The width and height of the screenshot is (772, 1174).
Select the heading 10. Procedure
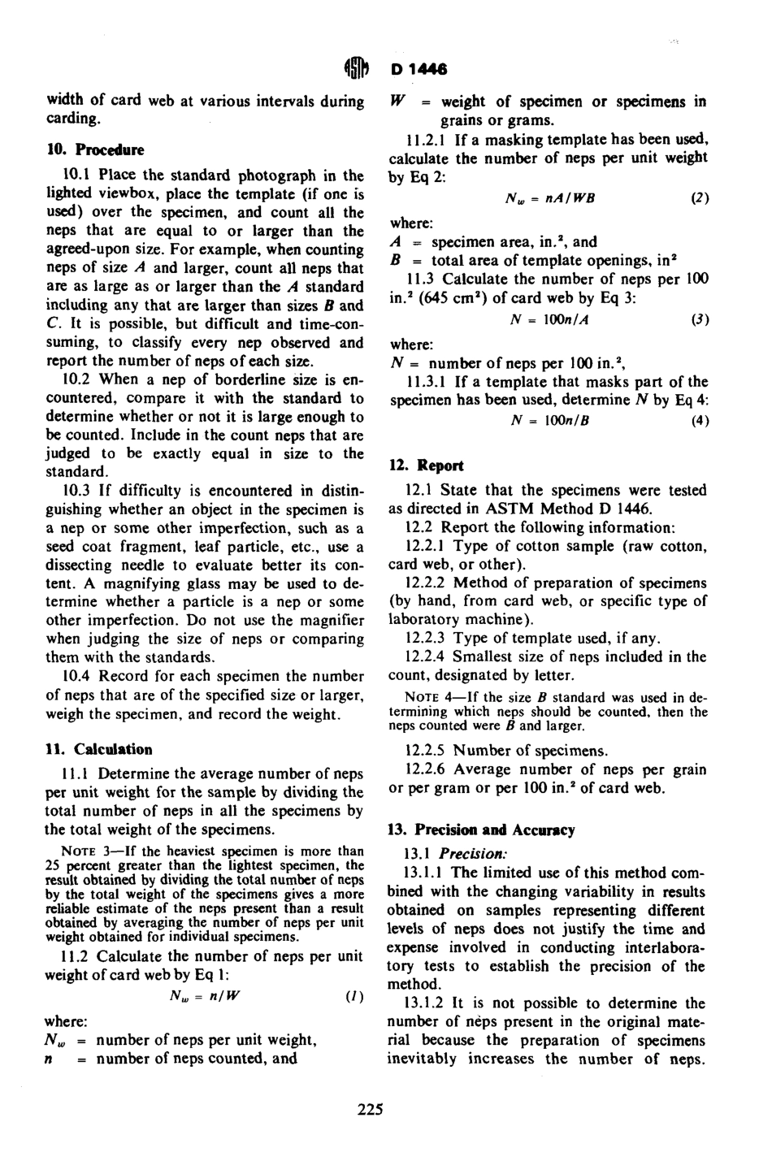click(94, 150)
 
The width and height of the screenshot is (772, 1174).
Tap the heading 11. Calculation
click(98, 750)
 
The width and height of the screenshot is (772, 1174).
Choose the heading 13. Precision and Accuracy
click(482, 830)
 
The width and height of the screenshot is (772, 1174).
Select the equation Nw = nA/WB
click(550, 198)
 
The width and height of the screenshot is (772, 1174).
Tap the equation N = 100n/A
click(549, 319)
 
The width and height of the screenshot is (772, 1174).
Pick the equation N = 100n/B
click(549, 420)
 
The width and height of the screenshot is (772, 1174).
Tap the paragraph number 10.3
click(76, 492)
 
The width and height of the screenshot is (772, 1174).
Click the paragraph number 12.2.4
click(426, 656)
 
